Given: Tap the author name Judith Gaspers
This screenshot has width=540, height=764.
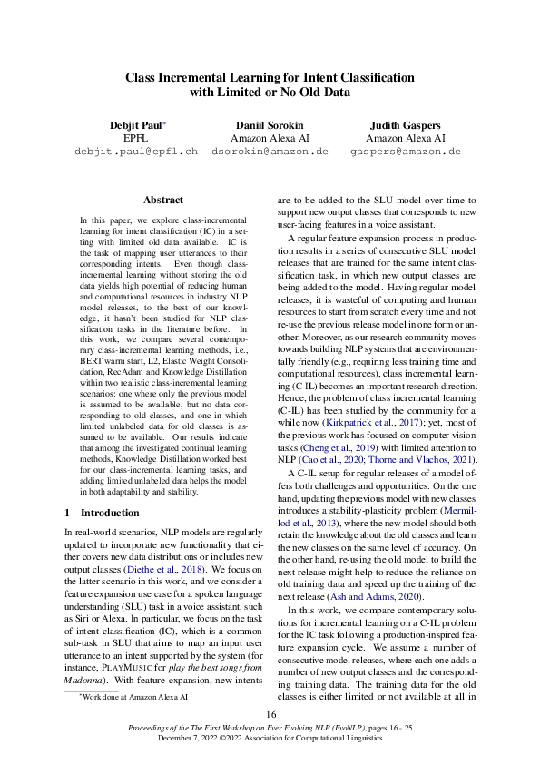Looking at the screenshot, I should click(406, 123).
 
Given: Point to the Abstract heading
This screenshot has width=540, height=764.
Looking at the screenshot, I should click(163, 200).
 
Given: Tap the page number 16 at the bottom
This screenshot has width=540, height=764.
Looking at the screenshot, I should click(270, 716).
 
